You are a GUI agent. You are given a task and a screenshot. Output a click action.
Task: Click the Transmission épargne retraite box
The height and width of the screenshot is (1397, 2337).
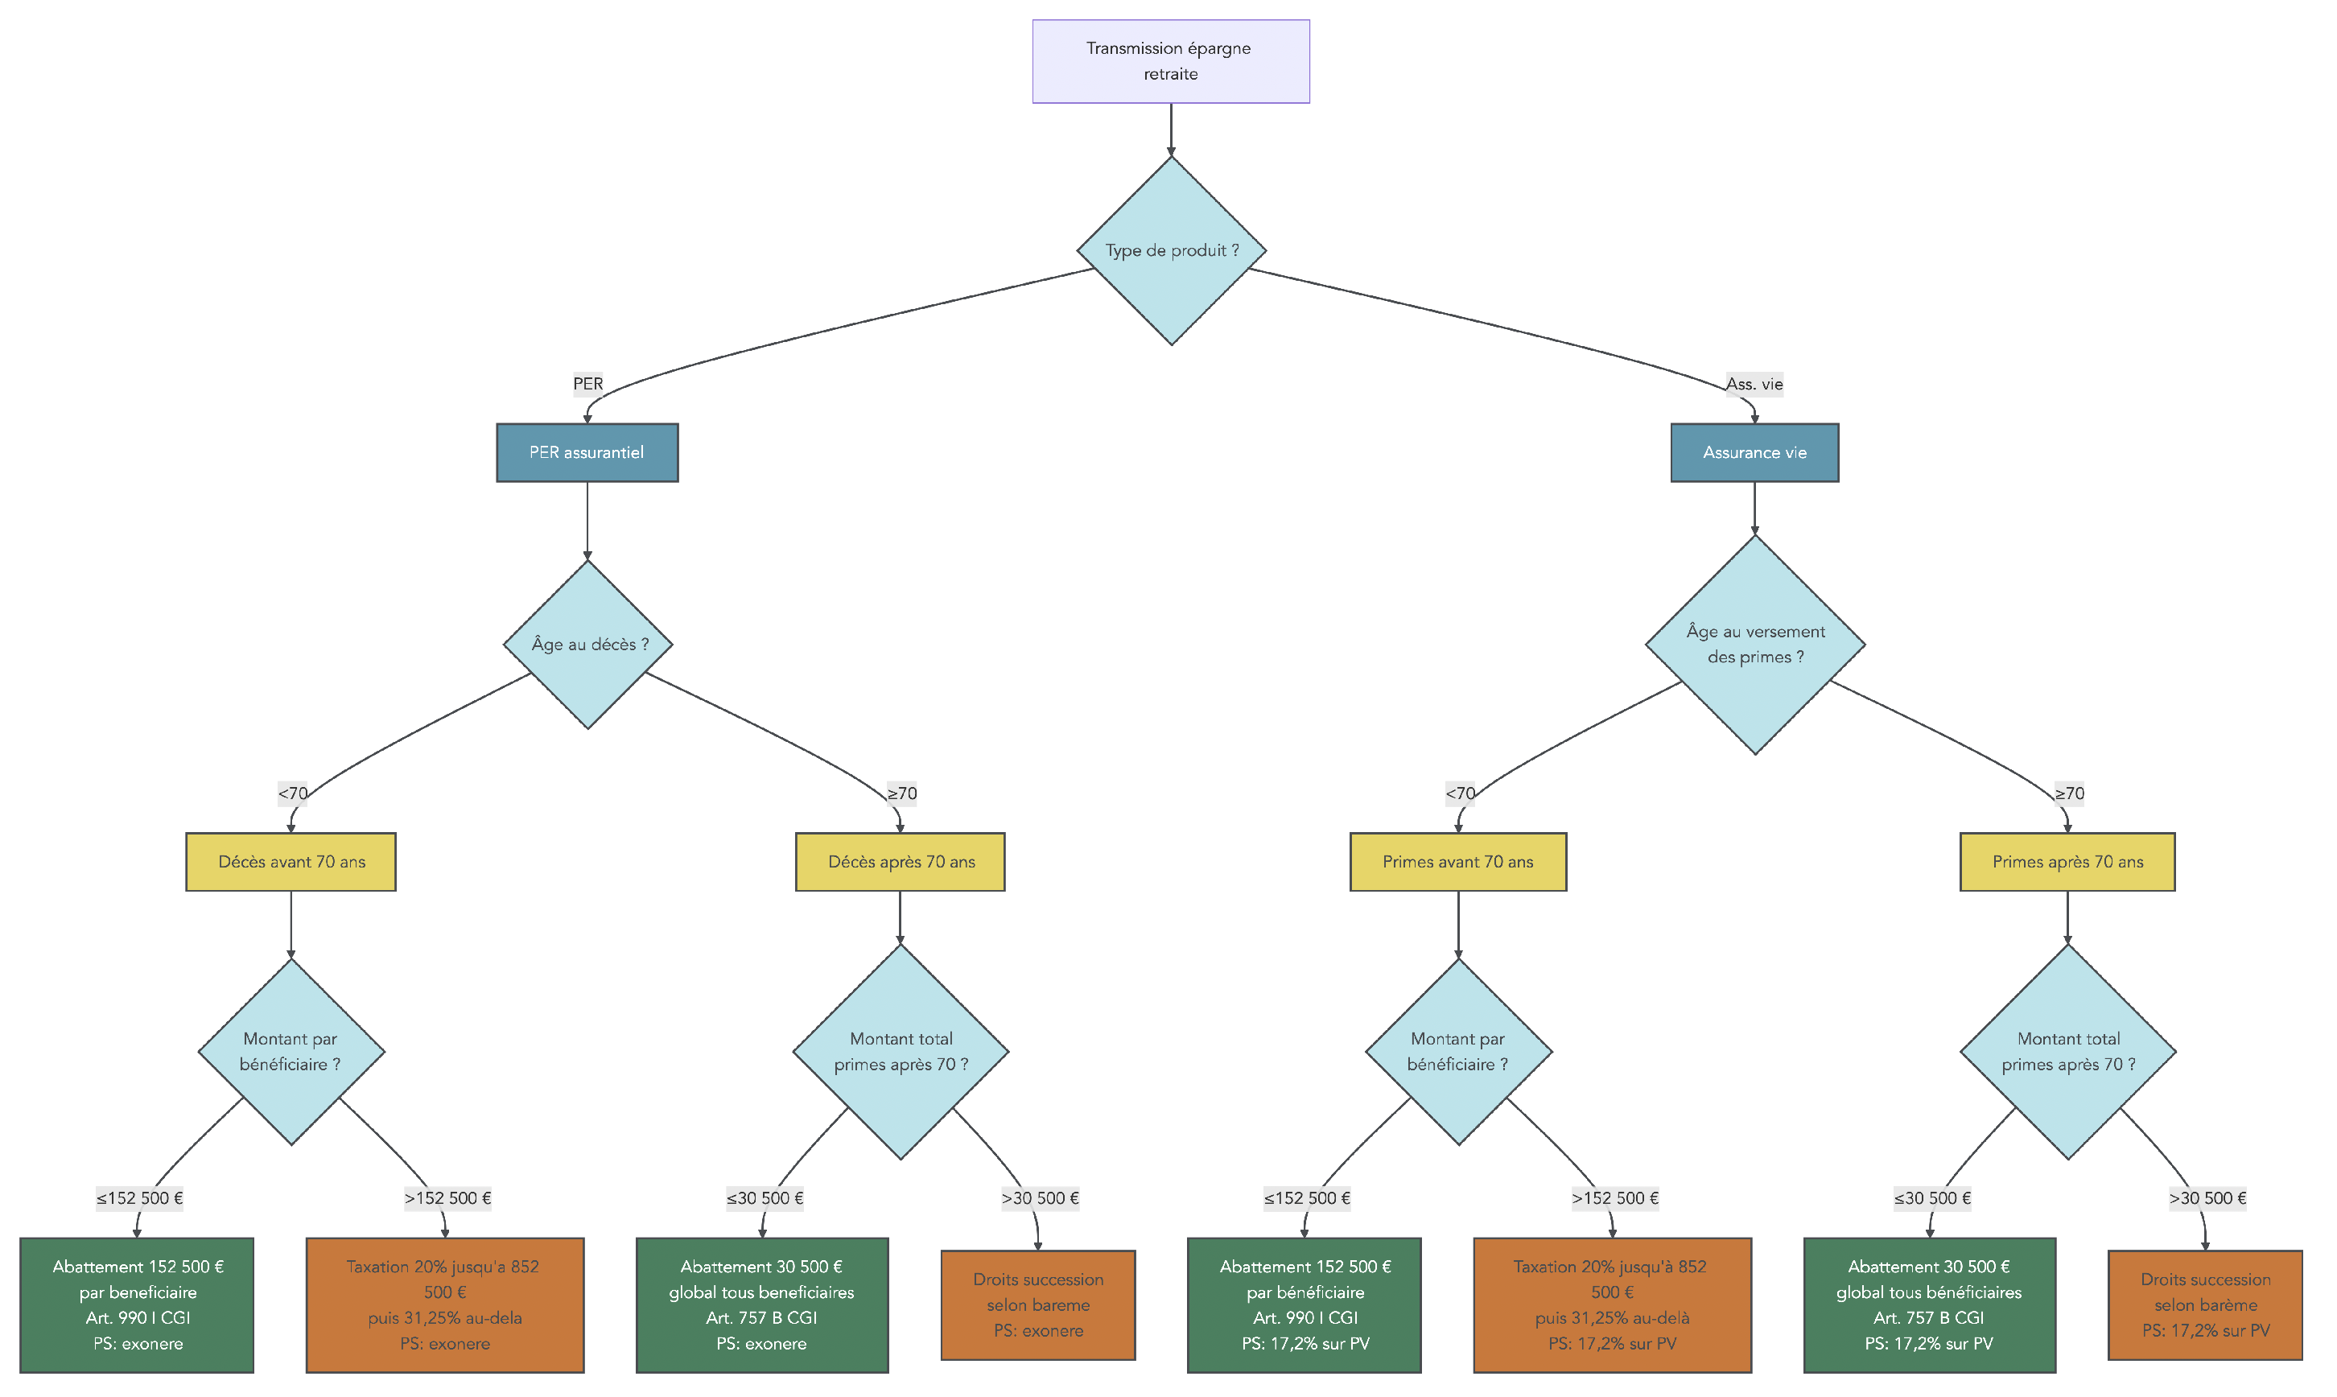[1170, 61]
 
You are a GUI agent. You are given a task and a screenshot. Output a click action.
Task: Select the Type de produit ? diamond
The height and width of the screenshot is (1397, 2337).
[1171, 250]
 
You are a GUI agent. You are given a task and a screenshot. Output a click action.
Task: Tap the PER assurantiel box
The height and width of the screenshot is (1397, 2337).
[587, 453]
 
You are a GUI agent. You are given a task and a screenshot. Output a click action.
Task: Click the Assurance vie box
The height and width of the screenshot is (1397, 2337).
[1754, 453]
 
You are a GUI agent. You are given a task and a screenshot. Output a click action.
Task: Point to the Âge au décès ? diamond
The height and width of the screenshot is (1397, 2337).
[587, 645]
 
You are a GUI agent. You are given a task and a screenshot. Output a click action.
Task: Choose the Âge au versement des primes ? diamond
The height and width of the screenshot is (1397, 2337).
[1754, 645]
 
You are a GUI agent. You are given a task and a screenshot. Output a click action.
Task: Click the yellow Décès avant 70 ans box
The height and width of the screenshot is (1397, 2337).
[291, 863]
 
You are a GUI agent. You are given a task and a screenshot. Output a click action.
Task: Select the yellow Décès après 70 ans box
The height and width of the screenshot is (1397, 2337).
[900, 863]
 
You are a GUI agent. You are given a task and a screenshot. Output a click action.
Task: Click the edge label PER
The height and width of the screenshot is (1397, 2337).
[587, 384]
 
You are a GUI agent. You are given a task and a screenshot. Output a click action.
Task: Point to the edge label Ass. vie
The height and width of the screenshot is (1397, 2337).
[1754, 384]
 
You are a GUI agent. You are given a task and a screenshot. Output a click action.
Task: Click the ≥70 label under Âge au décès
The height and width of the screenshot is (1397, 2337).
[901, 793]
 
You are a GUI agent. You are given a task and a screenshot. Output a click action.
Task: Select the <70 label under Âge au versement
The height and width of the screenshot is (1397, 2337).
[1459, 793]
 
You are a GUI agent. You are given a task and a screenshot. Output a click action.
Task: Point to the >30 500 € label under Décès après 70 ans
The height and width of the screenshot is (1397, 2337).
[1040, 1198]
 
